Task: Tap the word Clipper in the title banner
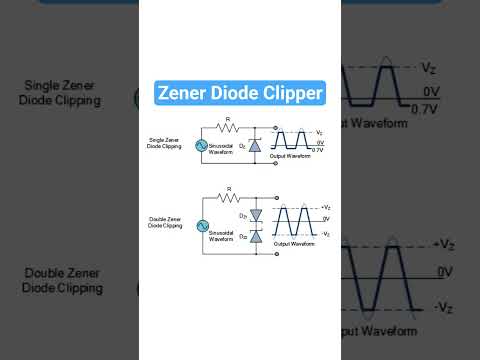point(291,94)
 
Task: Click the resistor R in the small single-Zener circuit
point(228,128)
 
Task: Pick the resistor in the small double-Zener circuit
point(228,196)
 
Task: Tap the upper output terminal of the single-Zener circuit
point(274,128)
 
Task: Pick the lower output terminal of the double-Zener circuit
point(274,254)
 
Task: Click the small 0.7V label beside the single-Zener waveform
point(318,149)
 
